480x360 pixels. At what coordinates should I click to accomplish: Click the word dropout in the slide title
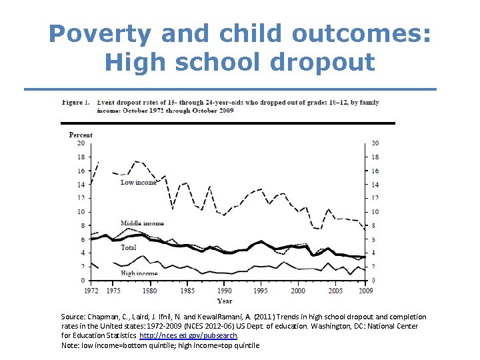[323, 63]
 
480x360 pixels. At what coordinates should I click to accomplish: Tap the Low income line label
[138, 182]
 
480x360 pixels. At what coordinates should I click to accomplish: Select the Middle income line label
[142, 223]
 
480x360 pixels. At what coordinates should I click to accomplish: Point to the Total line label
[129, 247]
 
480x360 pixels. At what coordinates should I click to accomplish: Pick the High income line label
[139, 273]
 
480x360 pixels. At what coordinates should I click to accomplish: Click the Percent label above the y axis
[81, 135]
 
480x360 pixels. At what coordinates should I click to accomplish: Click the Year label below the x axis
[225, 301]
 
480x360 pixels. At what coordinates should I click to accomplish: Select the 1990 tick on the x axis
[225, 291]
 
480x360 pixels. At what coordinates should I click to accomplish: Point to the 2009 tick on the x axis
[365, 291]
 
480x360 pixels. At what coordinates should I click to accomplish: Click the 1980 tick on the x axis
[150, 291]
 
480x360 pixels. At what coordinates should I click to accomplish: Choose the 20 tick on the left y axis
[81, 143]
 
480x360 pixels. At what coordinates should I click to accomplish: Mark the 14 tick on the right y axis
[375, 185]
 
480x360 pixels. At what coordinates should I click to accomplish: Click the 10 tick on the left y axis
[81, 212]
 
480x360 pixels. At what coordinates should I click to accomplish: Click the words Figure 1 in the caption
[76, 103]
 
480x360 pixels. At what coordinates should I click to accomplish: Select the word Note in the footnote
[70, 345]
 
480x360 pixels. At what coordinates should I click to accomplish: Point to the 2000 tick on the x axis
[298, 291]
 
